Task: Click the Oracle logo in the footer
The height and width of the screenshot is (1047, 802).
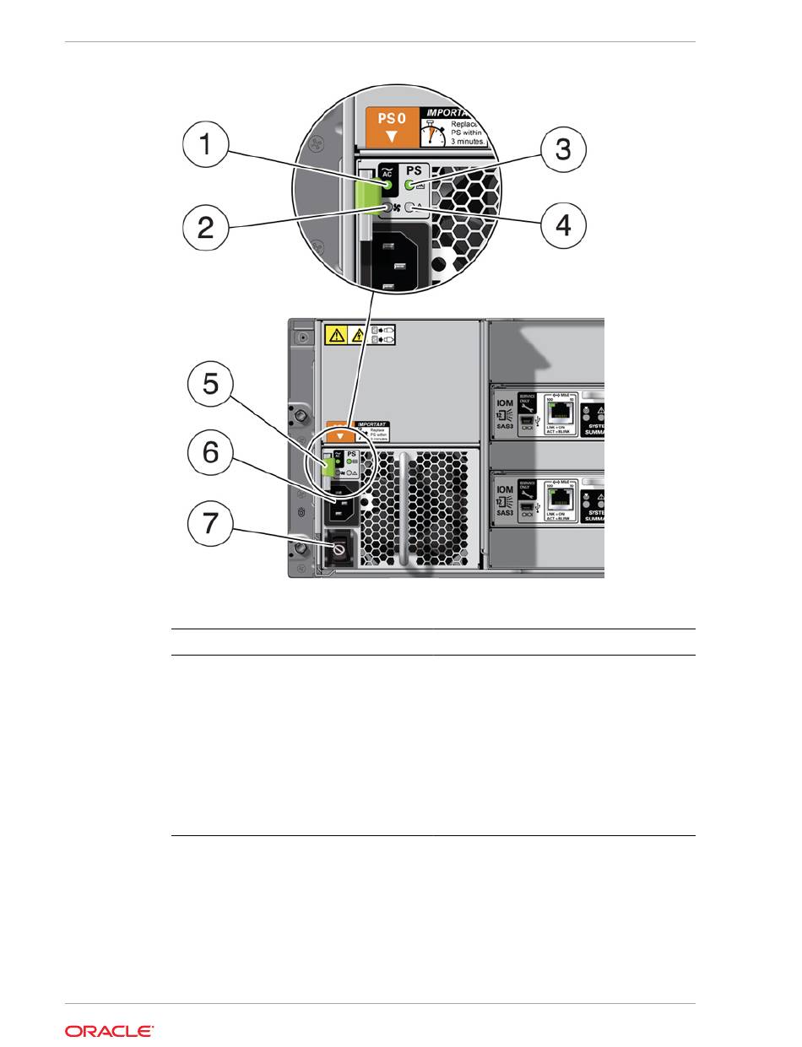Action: click(109, 1031)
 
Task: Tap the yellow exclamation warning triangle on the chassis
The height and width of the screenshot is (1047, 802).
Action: click(335, 336)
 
